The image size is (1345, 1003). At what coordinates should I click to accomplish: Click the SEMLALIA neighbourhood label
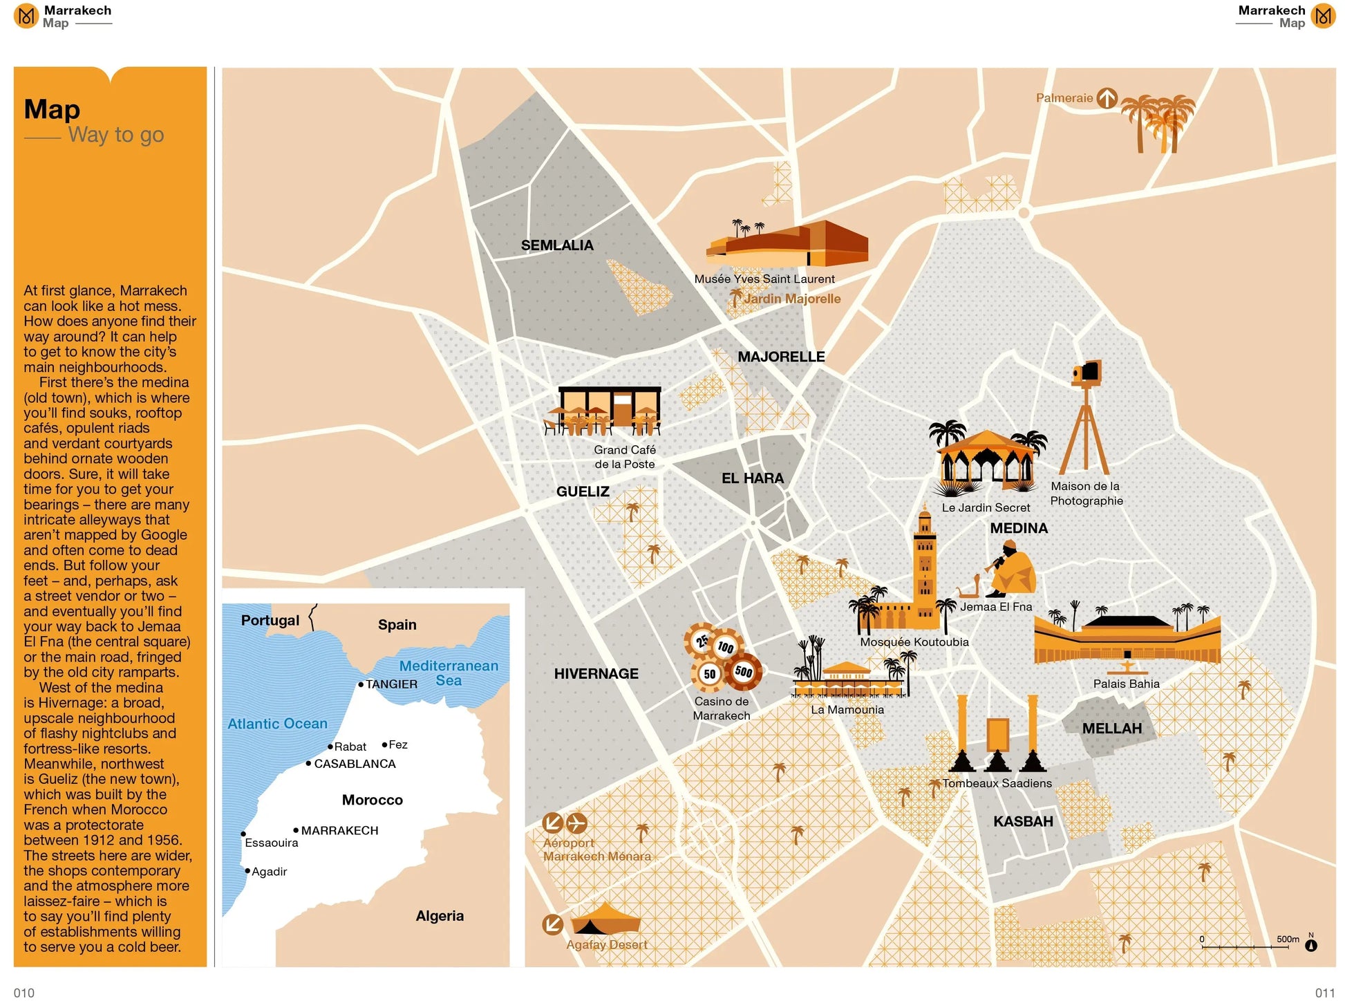[x=556, y=245]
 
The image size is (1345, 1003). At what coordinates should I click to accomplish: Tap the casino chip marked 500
[x=743, y=671]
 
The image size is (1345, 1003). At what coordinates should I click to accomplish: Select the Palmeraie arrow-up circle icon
[x=1107, y=98]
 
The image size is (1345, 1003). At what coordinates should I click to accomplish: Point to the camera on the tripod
[x=1087, y=373]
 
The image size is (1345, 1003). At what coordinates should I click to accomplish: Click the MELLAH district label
[x=1111, y=729]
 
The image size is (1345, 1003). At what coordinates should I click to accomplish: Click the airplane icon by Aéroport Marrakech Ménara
[x=576, y=823]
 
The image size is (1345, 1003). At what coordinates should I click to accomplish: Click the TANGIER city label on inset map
[x=391, y=684]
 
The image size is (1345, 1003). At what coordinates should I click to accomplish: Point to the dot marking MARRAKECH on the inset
[x=296, y=830]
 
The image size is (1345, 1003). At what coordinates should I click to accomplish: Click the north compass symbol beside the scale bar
[x=1310, y=945]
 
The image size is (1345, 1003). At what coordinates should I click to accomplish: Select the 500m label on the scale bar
[x=1288, y=939]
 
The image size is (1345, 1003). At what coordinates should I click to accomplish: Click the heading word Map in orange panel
[x=52, y=109]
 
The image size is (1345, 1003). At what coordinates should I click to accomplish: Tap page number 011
[x=1324, y=993]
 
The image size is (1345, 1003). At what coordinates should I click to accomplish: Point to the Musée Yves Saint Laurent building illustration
[x=788, y=245]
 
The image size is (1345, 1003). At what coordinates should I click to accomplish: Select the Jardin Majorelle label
[x=791, y=299]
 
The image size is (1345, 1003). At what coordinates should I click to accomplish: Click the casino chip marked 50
[x=709, y=674]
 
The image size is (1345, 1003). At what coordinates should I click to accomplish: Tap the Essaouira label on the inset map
[x=272, y=843]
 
